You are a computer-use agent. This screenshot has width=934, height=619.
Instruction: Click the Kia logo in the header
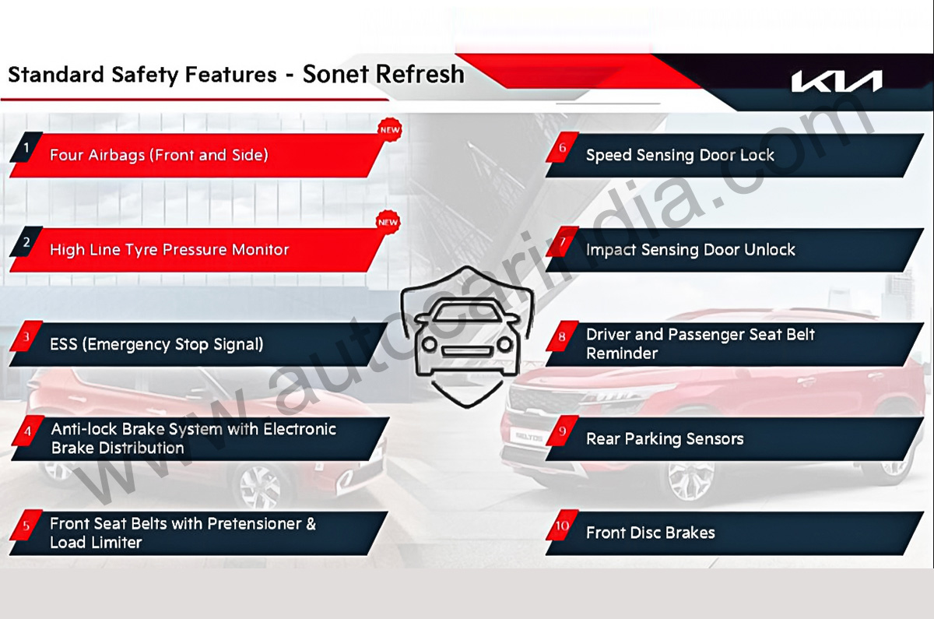pyautogui.click(x=837, y=81)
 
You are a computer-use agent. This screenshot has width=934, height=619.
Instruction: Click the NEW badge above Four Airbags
pyautogui.click(x=390, y=130)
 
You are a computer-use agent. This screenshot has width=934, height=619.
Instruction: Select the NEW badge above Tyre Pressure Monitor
pyautogui.click(x=388, y=222)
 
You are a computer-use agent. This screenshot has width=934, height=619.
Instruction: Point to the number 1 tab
pyautogui.click(x=26, y=147)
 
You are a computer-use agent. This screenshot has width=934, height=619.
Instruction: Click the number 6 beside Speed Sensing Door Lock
pyautogui.click(x=562, y=147)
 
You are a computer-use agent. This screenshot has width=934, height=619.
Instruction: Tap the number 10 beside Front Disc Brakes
pyautogui.click(x=562, y=526)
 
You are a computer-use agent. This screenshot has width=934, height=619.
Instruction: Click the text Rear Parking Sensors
pyautogui.click(x=665, y=439)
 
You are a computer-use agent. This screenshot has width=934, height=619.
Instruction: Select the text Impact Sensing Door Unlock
pyautogui.click(x=690, y=249)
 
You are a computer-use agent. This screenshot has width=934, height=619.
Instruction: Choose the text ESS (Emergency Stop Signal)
pyautogui.click(x=156, y=344)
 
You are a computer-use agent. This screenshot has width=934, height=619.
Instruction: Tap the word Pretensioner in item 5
pyautogui.click(x=254, y=523)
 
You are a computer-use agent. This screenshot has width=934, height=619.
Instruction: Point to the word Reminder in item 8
pyautogui.click(x=622, y=353)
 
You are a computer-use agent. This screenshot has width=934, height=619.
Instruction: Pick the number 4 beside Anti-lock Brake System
pyautogui.click(x=28, y=431)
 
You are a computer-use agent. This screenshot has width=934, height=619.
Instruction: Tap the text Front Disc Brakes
pyautogui.click(x=651, y=533)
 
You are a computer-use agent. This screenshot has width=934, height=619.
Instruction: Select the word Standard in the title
pyautogui.click(x=56, y=75)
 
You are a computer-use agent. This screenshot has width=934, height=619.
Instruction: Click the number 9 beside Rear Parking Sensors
pyautogui.click(x=562, y=431)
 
